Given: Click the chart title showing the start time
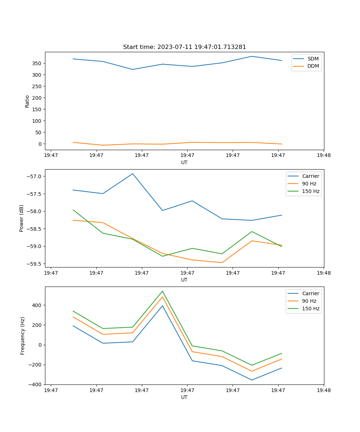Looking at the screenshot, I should pos(184,47).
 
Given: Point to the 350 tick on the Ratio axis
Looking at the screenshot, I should pos(37,63).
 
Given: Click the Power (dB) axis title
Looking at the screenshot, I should pos(22,218).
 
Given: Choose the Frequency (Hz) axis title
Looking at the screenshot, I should pos(23,336).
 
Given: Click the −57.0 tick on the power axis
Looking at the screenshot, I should pos(35,176).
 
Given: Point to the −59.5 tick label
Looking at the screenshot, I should pos(35,264).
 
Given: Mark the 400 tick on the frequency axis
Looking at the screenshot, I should pos(37,305).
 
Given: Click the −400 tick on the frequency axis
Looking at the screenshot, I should pos(36,384).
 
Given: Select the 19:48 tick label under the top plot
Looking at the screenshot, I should pos(323,156).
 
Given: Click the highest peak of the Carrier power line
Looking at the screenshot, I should pos(132,174).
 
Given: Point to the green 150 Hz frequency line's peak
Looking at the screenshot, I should pos(162,291).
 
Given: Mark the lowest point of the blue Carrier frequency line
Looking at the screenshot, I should pos(252,380).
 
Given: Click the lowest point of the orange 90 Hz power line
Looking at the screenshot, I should pos(222,262).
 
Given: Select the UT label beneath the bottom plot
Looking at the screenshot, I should pos(184,397).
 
